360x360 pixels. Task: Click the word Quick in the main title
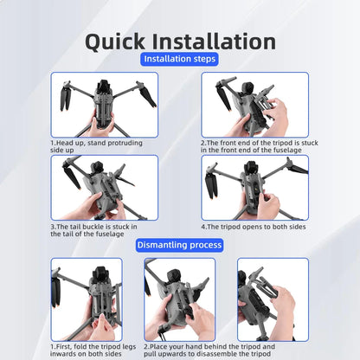(115, 42)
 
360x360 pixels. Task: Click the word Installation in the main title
(214, 42)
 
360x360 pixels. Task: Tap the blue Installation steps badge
(179, 59)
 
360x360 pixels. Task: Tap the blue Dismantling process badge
(179, 245)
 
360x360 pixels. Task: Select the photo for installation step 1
(105, 105)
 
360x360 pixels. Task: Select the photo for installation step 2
(255, 105)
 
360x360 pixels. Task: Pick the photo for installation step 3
(105, 188)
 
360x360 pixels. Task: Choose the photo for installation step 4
(255, 188)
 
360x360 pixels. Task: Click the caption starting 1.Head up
(96, 146)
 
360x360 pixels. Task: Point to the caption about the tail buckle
(93, 230)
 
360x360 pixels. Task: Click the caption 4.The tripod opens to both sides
(254, 227)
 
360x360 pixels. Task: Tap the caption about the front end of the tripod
(260, 146)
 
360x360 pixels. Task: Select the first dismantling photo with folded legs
(87, 299)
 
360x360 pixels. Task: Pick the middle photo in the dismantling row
(180, 299)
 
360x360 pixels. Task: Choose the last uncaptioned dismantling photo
(273, 299)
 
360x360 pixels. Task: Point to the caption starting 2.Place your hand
(209, 350)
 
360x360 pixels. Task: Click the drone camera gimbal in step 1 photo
(104, 87)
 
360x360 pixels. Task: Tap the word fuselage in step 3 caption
(109, 234)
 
